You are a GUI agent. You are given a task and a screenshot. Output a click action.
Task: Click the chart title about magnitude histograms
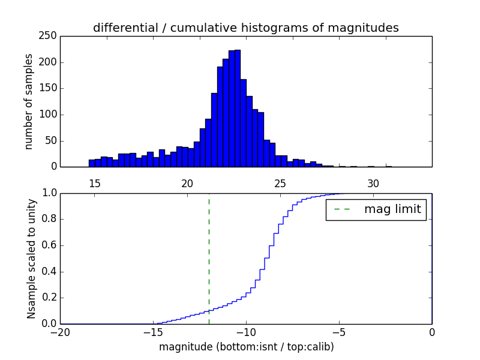245,28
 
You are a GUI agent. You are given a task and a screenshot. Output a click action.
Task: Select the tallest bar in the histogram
237,108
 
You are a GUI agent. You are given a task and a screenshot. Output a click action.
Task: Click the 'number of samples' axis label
29,101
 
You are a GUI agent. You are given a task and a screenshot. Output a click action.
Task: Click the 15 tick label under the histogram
95,184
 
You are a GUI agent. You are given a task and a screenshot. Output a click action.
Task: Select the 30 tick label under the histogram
373,184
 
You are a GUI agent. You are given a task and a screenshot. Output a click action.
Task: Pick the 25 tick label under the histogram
280,184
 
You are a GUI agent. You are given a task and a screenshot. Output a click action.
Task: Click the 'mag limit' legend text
392,210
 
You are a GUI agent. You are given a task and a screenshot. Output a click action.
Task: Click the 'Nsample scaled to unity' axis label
31,258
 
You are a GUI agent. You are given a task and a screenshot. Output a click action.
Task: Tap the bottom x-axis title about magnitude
246,347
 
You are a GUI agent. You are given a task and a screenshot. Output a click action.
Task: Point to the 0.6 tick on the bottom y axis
49,245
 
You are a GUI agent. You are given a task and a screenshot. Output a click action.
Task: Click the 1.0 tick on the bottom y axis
49,193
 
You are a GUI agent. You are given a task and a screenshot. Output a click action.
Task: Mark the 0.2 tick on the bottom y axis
49,298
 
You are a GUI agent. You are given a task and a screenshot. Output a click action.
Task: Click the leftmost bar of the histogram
92,163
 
